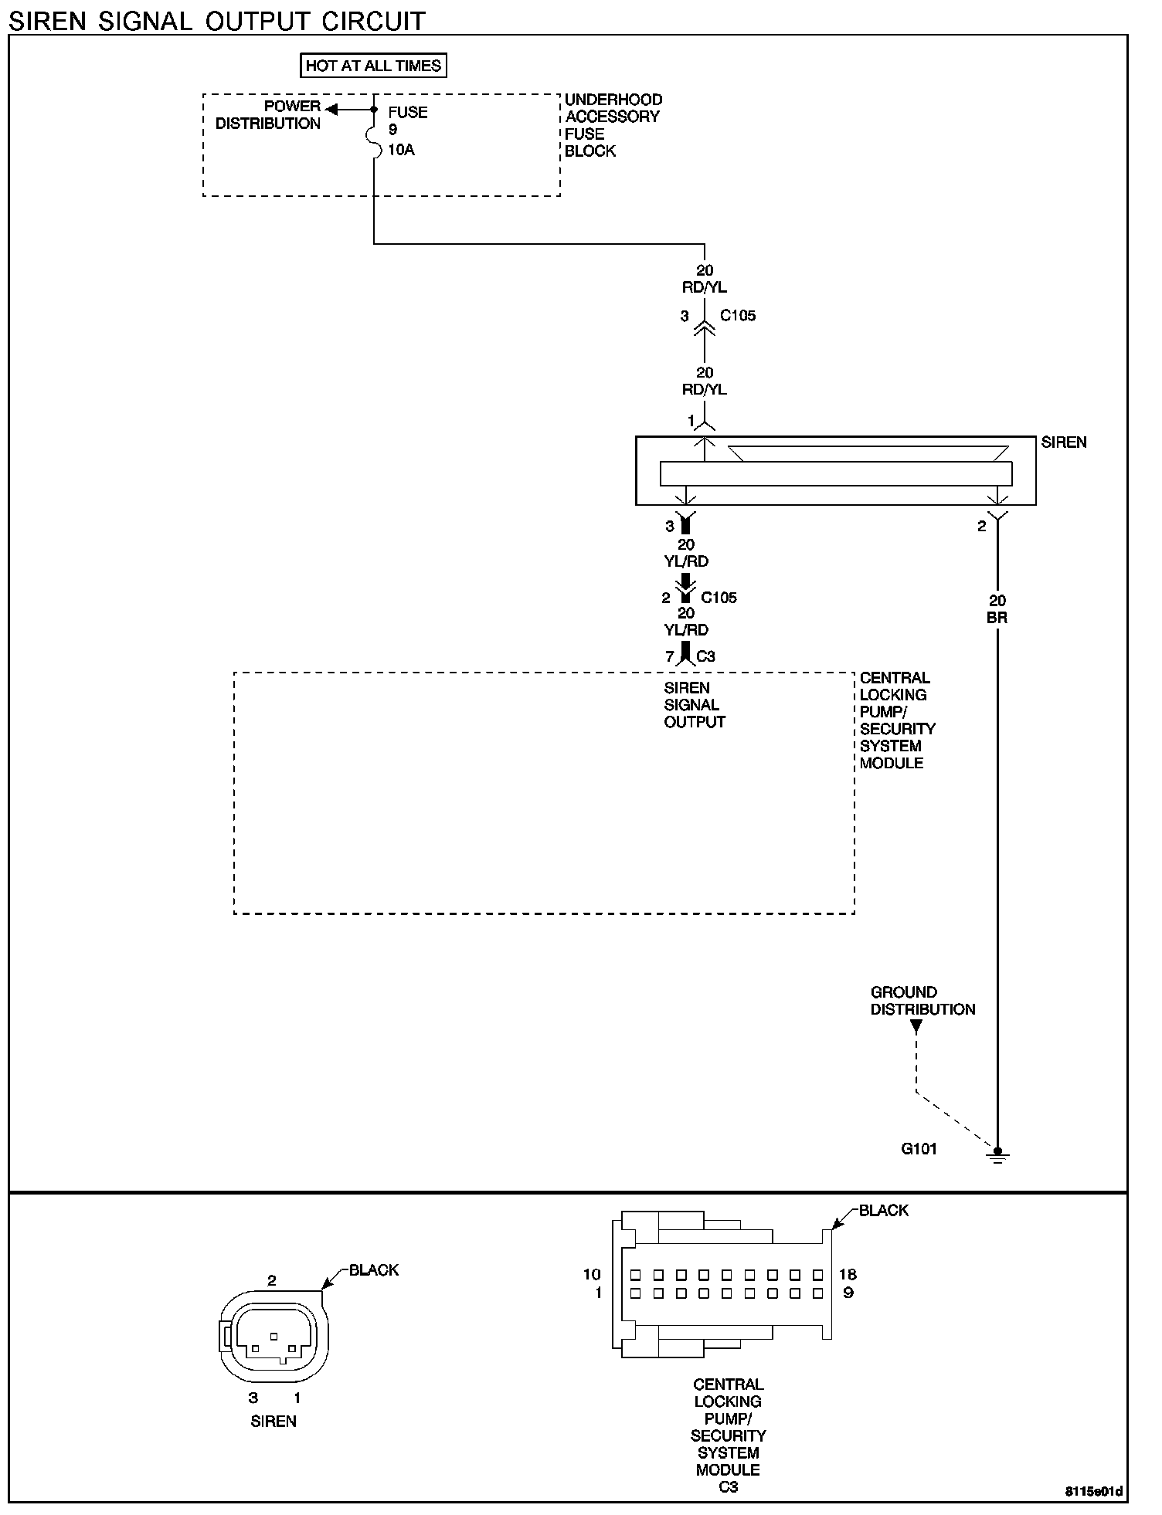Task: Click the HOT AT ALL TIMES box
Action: click(373, 66)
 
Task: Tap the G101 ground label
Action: click(919, 1148)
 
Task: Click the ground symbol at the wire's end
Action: click(997, 1155)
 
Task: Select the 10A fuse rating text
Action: click(401, 150)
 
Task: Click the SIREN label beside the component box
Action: click(1063, 442)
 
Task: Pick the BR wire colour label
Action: click(997, 618)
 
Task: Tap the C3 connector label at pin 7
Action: click(705, 657)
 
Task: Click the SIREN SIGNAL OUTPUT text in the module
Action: click(695, 705)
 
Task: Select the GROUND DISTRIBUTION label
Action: click(922, 1001)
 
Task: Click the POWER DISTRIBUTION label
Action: click(268, 115)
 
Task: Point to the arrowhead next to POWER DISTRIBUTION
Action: click(331, 109)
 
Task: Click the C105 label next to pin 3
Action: click(738, 316)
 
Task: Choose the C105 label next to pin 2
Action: click(719, 598)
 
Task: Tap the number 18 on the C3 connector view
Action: click(848, 1275)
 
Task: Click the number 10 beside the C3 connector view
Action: click(592, 1275)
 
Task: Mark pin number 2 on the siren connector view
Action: click(272, 1280)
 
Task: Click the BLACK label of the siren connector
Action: click(374, 1270)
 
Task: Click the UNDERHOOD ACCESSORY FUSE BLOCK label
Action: click(613, 125)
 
